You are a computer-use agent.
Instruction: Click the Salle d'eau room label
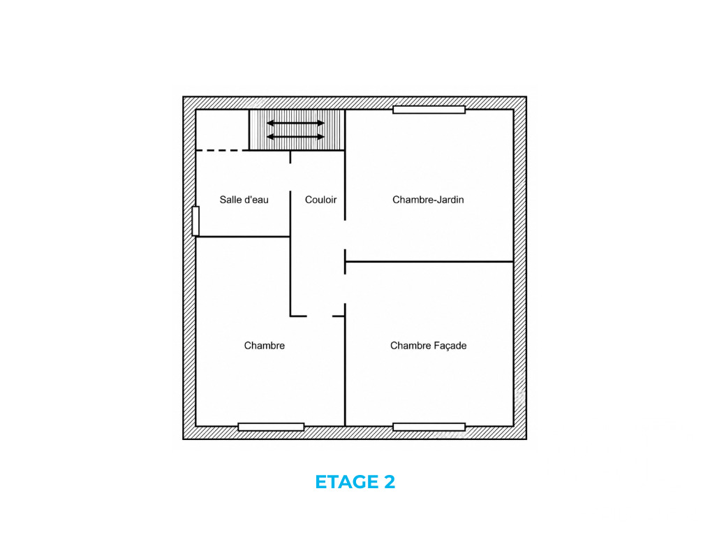click(x=244, y=200)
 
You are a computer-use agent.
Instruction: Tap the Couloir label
click(x=320, y=200)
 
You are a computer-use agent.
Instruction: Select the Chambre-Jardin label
click(x=428, y=200)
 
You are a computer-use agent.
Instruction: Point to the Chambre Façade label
click(x=429, y=346)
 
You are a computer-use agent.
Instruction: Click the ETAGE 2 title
click(x=355, y=481)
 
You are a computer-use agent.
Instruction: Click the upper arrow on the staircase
click(x=296, y=123)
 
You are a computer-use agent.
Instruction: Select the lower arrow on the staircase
click(x=296, y=137)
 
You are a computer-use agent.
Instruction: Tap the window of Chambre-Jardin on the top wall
click(x=429, y=110)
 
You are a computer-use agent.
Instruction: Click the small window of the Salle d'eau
click(x=195, y=221)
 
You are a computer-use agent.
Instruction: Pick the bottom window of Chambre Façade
click(x=429, y=427)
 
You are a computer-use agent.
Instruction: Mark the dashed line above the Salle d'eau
click(x=222, y=150)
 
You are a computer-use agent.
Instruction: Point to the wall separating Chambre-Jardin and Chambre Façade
click(x=429, y=261)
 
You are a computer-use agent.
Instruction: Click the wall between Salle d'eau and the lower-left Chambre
click(x=243, y=237)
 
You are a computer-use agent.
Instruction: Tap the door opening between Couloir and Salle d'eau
click(x=290, y=177)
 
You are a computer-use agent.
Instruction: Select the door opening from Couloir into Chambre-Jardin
click(x=345, y=235)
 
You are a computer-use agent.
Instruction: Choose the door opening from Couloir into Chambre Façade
click(x=345, y=288)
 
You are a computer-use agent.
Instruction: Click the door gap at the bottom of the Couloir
click(x=320, y=316)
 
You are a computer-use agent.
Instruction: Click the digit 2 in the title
click(x=390, y=481)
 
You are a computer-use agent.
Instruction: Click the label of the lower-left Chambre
click(x=265, y=346)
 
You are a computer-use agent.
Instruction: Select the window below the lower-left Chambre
click(x=271, y=427)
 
